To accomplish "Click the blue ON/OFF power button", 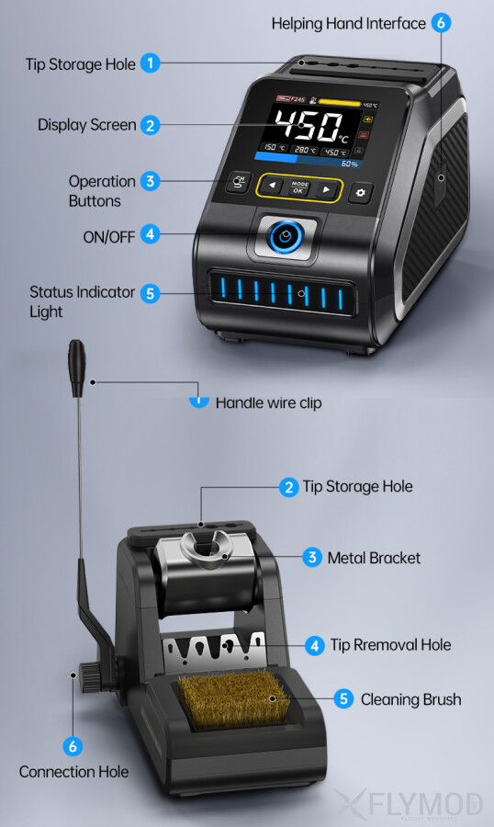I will pos(286,237).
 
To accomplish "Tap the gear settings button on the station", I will pos(361,192).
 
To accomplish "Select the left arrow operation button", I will pos(273,187).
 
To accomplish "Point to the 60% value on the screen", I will pos(349,164).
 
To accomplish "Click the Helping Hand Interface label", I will pos(349,23).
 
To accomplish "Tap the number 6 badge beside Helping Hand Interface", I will pos(442,23).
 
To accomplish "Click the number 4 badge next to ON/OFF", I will pos(151,235).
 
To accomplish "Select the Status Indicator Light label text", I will pos(83,301).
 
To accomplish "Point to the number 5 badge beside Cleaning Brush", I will pos(343,699).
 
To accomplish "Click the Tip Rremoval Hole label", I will pos(390,645).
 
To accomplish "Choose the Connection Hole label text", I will pos(74,771).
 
